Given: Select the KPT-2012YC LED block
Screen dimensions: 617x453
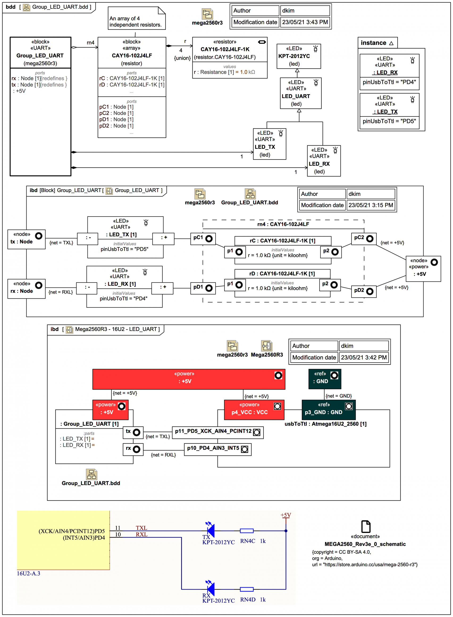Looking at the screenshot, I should click(298, 56).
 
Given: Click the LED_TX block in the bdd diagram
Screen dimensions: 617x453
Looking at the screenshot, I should click(269, 144).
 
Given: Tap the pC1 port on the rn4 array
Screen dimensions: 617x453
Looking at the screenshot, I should click(203, 238).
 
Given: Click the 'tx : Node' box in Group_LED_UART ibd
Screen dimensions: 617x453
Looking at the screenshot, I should click(26, 239).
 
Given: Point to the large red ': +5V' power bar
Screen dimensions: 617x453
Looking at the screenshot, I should click(189, 379).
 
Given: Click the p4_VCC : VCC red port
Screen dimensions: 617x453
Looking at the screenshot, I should click(254, 410).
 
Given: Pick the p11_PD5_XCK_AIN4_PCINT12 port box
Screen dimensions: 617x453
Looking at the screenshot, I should click(218, 432).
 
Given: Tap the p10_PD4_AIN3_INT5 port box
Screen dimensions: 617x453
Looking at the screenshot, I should click(218, 449).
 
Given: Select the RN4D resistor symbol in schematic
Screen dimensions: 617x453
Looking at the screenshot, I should click(247, 589).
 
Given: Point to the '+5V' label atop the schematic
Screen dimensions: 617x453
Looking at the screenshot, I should click(285, 515).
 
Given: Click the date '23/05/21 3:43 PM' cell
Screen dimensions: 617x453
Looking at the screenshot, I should click(305, 22).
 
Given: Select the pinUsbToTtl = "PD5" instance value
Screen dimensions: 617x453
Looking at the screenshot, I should click(389, 121).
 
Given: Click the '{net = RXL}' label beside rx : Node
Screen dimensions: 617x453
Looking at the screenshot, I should click(61, 292).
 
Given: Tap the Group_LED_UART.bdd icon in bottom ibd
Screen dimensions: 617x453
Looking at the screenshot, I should click(91, 474).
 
